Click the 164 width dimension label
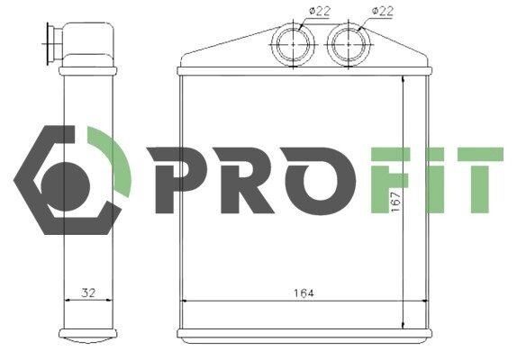pos(304,292)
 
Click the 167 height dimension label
pos(395,202)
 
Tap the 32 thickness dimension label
pos(88,292)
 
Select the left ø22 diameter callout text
pos(320,11)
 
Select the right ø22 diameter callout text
pos(383,11)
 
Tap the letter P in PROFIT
pos(177,180)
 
